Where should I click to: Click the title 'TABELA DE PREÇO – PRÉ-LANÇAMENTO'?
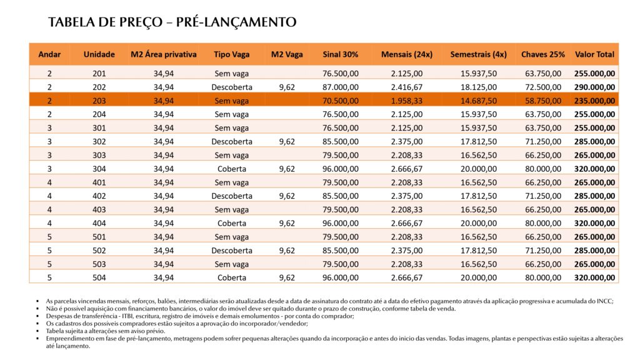(x=172, y=22)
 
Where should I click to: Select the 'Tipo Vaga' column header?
(x=231, y=54)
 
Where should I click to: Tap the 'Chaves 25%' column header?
(x=542, y=54)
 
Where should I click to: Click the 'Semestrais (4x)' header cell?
(x=478, y=54)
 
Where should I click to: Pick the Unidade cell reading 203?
(x=99, y=101)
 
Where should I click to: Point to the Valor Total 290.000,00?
(x=594, y=87)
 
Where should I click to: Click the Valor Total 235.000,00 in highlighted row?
(x=594, y=101)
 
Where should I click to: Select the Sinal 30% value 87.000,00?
(x=341, y=87)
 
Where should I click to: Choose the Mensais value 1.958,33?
(x=407, y=101)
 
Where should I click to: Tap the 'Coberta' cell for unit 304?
(x=231, y=169)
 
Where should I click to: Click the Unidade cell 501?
(x=99, y=237)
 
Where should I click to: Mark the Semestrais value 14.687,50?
(x=479, y=101)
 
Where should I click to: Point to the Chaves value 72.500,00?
(x=543, y=87)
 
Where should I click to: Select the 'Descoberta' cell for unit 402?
(x=231, y=196)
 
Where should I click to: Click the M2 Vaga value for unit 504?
(x=287, y=277)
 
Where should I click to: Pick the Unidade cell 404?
(x=99, y=223)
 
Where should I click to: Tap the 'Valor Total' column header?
(x=594, y=54)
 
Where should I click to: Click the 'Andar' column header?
(x=49, y=54)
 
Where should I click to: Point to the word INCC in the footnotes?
(x=605, y=301)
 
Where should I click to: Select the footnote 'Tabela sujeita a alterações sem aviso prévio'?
(x=105, y=331)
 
